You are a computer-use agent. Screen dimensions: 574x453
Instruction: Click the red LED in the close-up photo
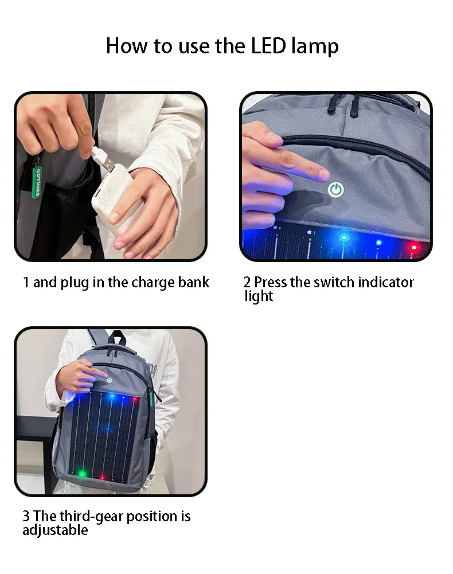[x=413, y=247]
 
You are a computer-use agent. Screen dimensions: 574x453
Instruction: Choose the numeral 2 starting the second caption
[x=247, y=282]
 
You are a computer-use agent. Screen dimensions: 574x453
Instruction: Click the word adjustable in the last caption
[x=55, y=530]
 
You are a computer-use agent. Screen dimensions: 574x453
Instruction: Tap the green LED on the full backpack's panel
[x=82, y=474]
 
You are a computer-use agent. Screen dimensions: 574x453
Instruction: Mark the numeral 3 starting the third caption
[x=26, y=516]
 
